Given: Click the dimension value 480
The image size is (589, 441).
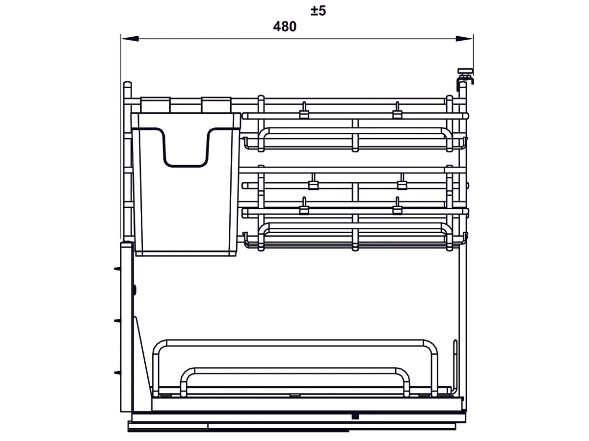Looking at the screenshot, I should [x=285, y=27].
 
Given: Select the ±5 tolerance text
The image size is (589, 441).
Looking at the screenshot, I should [x=318, y=11].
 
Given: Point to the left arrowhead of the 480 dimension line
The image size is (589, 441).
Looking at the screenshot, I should [x=129, y=38].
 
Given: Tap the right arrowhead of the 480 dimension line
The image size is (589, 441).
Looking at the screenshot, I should [x=464, y=38].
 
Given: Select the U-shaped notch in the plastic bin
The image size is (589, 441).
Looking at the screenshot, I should [x=186, y=147].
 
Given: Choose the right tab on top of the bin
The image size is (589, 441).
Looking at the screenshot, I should [x=215, y=104].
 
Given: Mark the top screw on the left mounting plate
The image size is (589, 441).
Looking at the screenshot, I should [x=116, y=269].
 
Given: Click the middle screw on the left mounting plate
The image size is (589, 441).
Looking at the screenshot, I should [x=116, y=321].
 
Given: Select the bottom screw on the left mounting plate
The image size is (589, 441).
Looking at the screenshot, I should [x=116, y=373].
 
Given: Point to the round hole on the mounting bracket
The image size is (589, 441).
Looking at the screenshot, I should [x=134, y=290].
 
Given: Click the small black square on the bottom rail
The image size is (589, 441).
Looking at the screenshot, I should [x=354, y=416].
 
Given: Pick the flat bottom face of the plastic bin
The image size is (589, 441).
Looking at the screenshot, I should [x=186, y=253].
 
